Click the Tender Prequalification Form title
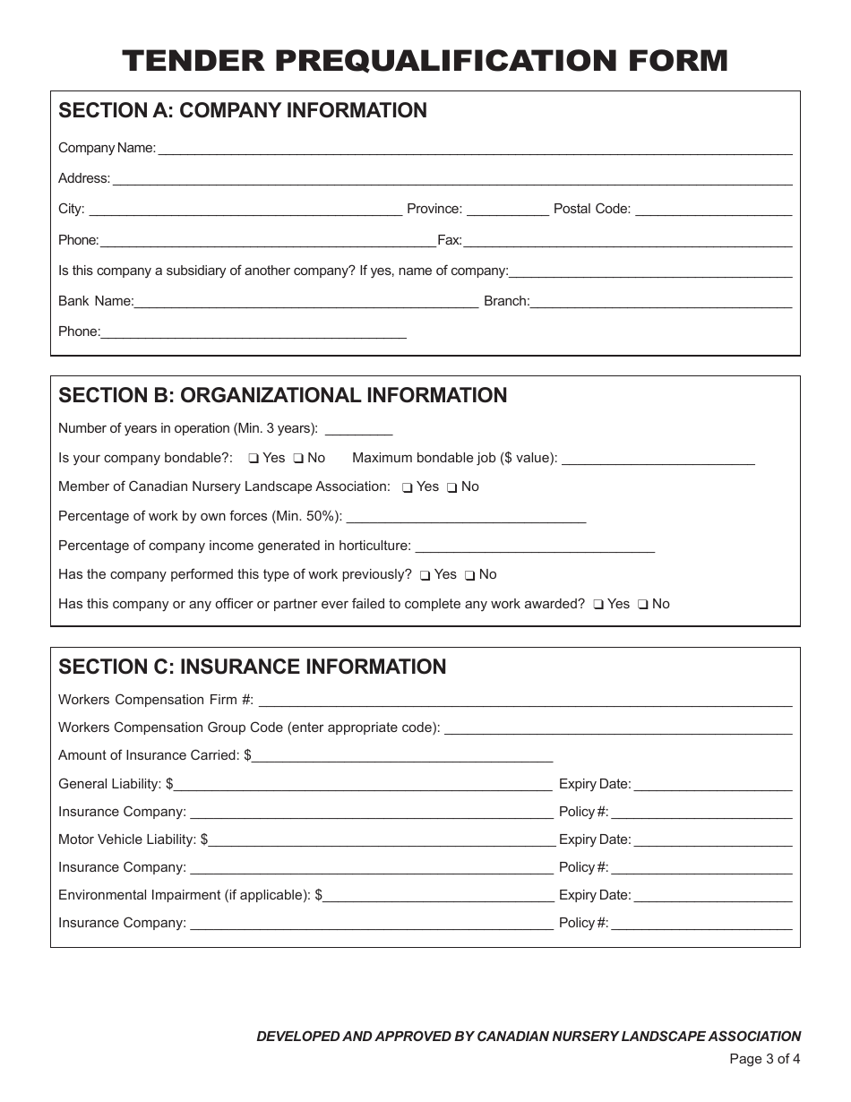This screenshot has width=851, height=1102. click(x=425, y=60)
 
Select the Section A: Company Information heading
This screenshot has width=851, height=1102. click(x=243, y=110)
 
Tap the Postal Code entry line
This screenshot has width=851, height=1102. click(x=713, y=212)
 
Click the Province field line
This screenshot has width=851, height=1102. click(x=508, y=212)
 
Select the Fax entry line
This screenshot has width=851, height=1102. click(x=627, y=243)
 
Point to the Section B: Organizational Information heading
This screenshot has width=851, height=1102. click(x=282, y=395)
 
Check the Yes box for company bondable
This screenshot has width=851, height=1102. click(x=254, y=459)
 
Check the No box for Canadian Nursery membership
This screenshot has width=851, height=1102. click(x=452, y=487)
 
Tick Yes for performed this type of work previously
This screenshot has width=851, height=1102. click(x=425, y=575)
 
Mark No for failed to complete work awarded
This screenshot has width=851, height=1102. click(x=643, y=605)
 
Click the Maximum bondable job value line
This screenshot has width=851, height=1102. click(x=658, y=461)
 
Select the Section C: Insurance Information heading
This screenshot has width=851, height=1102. click(x=252, y=667)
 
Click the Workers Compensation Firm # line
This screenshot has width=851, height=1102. click(x=525, y=703)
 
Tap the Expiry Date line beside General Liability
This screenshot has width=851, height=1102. click(x=712, y=788)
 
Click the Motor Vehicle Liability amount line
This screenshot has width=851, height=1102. click(x=382, y=843)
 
